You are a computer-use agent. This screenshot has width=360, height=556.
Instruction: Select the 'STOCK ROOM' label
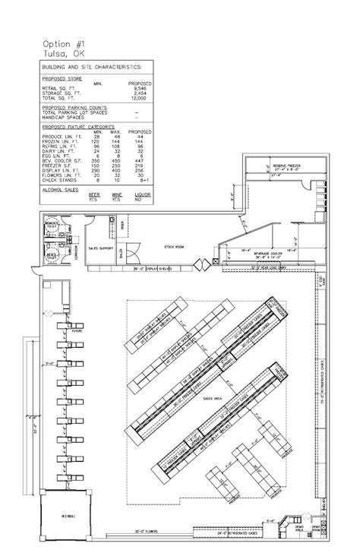tap(175, 248)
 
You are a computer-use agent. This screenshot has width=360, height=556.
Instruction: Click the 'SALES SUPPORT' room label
tap(102, 248)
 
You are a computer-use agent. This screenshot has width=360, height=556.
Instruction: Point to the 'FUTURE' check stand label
tap(76, 331)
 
